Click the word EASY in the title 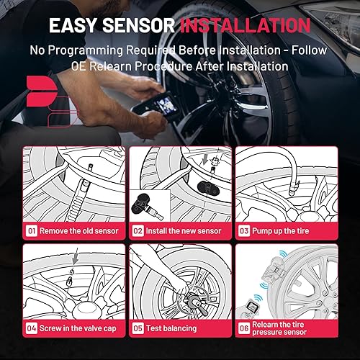coord(77,26)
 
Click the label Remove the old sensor coord(77,232)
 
